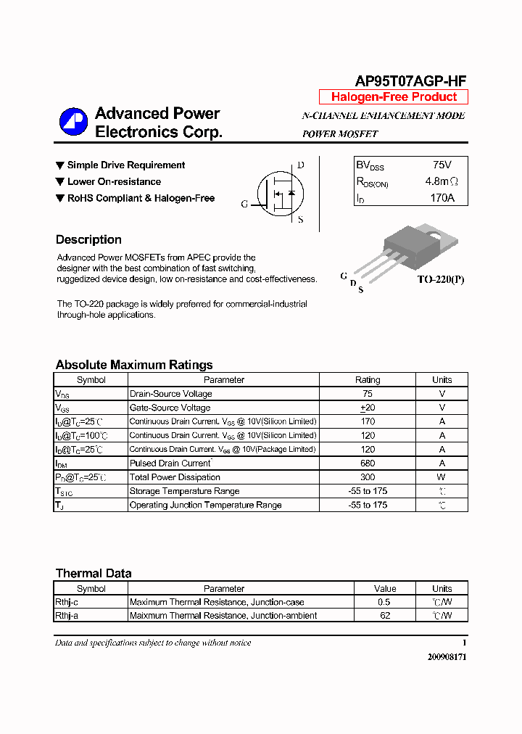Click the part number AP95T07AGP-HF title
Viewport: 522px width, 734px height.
tap(411, 81)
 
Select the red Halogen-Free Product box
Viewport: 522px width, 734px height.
tap(394, 97)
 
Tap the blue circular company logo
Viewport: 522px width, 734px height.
tap(73, 122)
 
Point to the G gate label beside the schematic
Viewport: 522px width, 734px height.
tap(244, 205)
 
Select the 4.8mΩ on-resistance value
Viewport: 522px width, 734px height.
tap(442, 181)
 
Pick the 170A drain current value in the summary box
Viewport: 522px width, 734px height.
tap(442, 197)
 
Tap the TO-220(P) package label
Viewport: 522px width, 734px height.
tap(440, 279)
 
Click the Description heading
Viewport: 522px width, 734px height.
tap(88, 240)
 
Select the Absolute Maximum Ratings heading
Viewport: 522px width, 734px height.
tap(134, 365)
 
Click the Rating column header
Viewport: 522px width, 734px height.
tap(368, 380)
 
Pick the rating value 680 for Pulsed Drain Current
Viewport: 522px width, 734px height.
tap(368, 463)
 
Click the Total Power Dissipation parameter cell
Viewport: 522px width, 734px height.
tap(175, 477)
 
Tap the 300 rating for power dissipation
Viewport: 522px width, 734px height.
tap(368, 477)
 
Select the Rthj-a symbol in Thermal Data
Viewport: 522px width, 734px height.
tap(66, 616)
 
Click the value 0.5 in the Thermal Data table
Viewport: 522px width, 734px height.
tap(384, 602)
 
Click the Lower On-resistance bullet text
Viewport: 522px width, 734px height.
tap(114, 182)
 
